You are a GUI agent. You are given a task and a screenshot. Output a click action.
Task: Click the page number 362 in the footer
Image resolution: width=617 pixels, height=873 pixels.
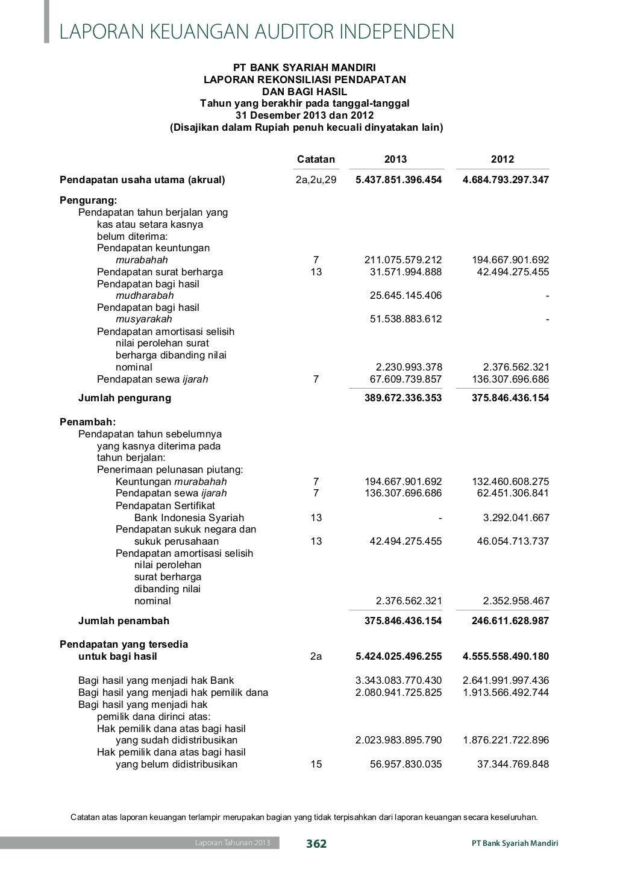coord(316,843)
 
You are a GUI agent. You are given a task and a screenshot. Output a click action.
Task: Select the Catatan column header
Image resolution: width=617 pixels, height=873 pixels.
coord(316,160)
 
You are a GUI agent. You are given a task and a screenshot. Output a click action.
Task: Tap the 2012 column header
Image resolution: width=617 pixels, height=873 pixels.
coord(503,160)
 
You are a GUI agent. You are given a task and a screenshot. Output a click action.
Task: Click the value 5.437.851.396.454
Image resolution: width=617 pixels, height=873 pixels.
coord(398,180)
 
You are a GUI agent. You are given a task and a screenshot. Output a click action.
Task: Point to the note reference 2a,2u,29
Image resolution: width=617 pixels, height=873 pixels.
coord(316,180)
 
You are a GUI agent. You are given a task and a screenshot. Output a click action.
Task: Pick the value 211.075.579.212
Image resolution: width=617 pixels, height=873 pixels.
coord(403,260)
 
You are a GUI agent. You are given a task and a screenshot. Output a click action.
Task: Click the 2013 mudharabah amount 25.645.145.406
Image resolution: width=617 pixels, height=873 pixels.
coord(406,295)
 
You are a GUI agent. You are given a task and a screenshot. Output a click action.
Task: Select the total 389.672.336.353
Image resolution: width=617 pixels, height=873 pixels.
coord(403,398)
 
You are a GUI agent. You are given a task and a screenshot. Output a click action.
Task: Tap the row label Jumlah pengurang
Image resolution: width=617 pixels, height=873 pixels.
coord(125,398)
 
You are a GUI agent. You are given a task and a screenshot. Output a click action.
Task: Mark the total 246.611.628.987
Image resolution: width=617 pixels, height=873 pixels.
coord(510,621)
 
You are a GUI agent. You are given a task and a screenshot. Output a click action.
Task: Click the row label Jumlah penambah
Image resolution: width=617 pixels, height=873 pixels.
coord(124,621)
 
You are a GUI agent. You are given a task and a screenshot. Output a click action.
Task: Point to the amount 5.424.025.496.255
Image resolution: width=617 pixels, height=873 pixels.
coord(398,657)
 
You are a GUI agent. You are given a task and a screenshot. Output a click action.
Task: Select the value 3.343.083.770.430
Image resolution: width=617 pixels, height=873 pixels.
coord(398,681)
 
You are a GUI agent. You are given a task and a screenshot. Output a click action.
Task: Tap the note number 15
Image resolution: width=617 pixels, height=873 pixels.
coord(316,765)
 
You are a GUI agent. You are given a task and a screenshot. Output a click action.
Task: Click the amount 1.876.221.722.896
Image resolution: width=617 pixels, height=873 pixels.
coord(506,740)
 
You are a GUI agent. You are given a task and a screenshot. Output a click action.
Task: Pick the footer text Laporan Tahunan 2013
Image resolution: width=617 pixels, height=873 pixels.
coord(232,843)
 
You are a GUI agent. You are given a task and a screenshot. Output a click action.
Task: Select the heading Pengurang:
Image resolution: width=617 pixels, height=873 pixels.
coord(88,200)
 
